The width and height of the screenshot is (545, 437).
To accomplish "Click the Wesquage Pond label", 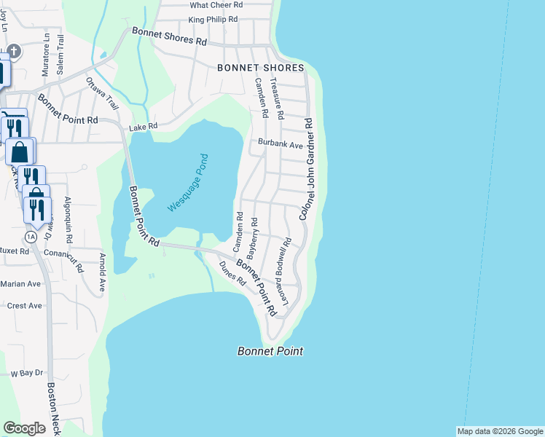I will tap(188, 183).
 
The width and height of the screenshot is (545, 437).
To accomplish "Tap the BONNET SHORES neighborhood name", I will tap(260, 68).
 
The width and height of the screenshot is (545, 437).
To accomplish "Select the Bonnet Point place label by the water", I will tap(270, 351).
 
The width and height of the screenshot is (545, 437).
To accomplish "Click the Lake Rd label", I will tap(143, 127).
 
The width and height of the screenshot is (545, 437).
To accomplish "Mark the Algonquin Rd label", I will tap(68, 220).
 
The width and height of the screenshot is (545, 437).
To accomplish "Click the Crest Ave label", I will tap(24, 306).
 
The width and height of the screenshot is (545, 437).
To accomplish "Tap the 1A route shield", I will tap(30, 237).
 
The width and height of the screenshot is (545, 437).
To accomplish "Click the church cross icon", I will tap(14, 51).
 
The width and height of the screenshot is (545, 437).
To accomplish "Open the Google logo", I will tap(24, 428).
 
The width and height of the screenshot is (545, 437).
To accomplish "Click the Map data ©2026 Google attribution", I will tap(500, 431).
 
